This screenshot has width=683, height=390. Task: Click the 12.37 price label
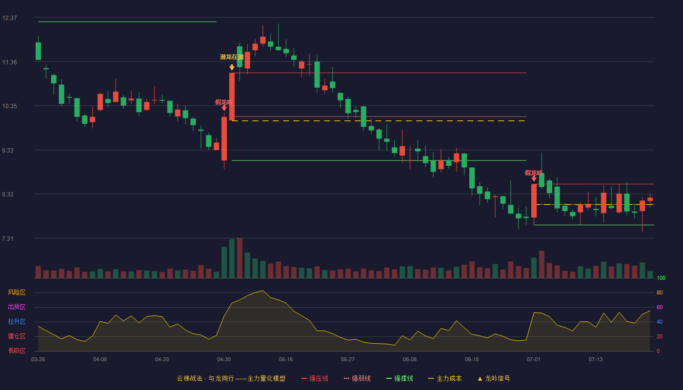pyautogui.click(x=9, y=18)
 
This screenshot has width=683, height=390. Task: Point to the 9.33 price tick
pyautogui.click(x=8, y=151)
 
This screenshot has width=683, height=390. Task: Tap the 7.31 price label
pyautogui.click(x=8, y=238)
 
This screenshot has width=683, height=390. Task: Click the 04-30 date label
pyautogui.click(x=224, y=360)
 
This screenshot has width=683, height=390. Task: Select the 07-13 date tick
pyautogui.click(x=596, y=360)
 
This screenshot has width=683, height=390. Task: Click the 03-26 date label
pyautogui.click(x=38, y=360)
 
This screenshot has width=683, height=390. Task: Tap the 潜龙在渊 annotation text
pyautogui.click(x=232, y=57)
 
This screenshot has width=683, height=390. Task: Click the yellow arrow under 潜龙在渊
pyautogui.click(x=232, y=67)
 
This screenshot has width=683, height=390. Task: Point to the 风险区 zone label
pyautogui.click(x=17, y=292)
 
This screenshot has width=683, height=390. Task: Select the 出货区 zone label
pyautogui.click(x=17, y=307)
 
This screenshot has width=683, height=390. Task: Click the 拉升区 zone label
pyautogui.click(x=17, y=321)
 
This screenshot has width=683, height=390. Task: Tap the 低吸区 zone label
pyautogui.click(x=17, y=351)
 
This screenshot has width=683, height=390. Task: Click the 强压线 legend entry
pyautogui.click(x=315, y=378)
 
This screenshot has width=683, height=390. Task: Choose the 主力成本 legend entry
pyautogui.click(x=445, y=378)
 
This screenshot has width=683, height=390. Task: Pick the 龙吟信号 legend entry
pyautogui.click(x=494, y=378)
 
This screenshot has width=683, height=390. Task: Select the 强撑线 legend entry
pyautogui.click(x=400, y=378)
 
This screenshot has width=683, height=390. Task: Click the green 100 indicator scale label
pyautogui.click(x=661, y=278)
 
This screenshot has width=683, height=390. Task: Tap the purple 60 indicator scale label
pyautogui.click(x=660, y=307)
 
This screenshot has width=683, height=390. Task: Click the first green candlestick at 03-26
pyautogui.click(x=38, y=51)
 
